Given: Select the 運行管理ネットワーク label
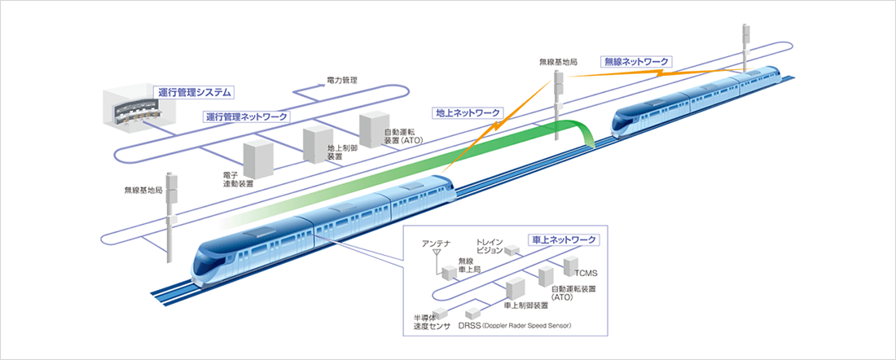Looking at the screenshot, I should pyautogui.click(x=246, y=116).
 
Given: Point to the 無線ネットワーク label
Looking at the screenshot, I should pyautogui.click(x=635, y=61).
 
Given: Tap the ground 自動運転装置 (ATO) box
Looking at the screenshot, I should pyautogui.click(x=376, y=126).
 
